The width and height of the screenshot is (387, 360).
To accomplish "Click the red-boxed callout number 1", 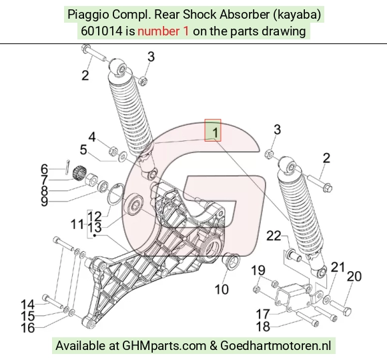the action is pyautogui.click(x=216, y=132).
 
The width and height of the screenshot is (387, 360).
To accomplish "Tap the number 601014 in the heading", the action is pyautogui.click(x=101, y=31).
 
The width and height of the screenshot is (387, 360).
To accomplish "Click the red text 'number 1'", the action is pyautogui.click(x=163, y=31).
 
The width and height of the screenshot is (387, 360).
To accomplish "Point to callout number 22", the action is pyautogui.click(x=274, y=236).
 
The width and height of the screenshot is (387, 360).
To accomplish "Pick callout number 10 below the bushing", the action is pyautogui.click(x=222, y=289).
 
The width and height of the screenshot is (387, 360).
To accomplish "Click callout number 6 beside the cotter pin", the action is pyautogui.click(x=44, y=169).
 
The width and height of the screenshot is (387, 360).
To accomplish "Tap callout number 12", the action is pyautogui.click(x=95, y=216).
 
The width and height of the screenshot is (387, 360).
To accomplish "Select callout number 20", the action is pyautogui.click(x=354, y=277).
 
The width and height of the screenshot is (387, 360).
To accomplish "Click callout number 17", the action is pyautogui.click(x=263, y=315).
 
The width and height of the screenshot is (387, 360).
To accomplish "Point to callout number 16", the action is pyautogui.click(x=27, y=328).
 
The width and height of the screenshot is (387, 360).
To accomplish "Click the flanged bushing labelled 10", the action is pyautogui.click(x=231, y=260).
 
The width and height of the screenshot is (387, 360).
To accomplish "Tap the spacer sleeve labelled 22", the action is pyautogui.click(x=294, y=256).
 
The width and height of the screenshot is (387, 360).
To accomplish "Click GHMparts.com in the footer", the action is pyautogui.click(x=164, y=345).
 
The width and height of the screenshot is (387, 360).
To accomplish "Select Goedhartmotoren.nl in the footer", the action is pyautogui.click(x=276, y=345).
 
